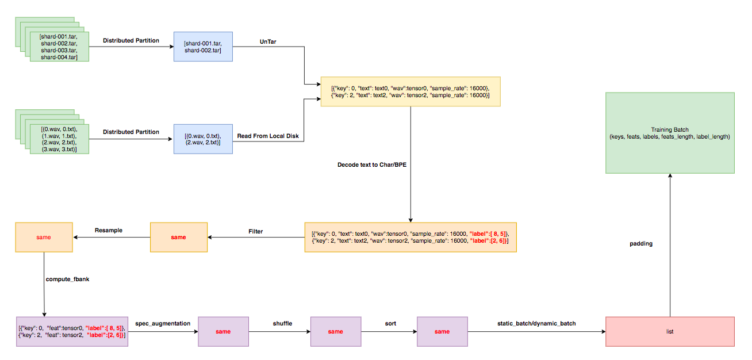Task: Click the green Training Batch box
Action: point(670,132)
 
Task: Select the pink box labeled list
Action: point(670,331)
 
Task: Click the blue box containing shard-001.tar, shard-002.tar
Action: point(203,47)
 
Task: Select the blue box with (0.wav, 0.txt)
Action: point(203,139)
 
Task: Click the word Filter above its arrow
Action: point(255,231)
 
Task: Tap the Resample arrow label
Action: point(109,230)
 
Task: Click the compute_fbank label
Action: point(67,279)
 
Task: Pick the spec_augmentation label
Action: point(163,323)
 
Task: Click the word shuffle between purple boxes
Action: point(282,323)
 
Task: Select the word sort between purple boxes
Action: point(390,323)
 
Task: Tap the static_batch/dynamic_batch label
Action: point(536,323)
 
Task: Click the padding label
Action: point(641,244)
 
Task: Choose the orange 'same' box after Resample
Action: point(44,237)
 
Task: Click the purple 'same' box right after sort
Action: point(442,331)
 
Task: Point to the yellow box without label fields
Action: point(410,91)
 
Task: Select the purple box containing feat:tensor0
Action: point(71,331)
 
